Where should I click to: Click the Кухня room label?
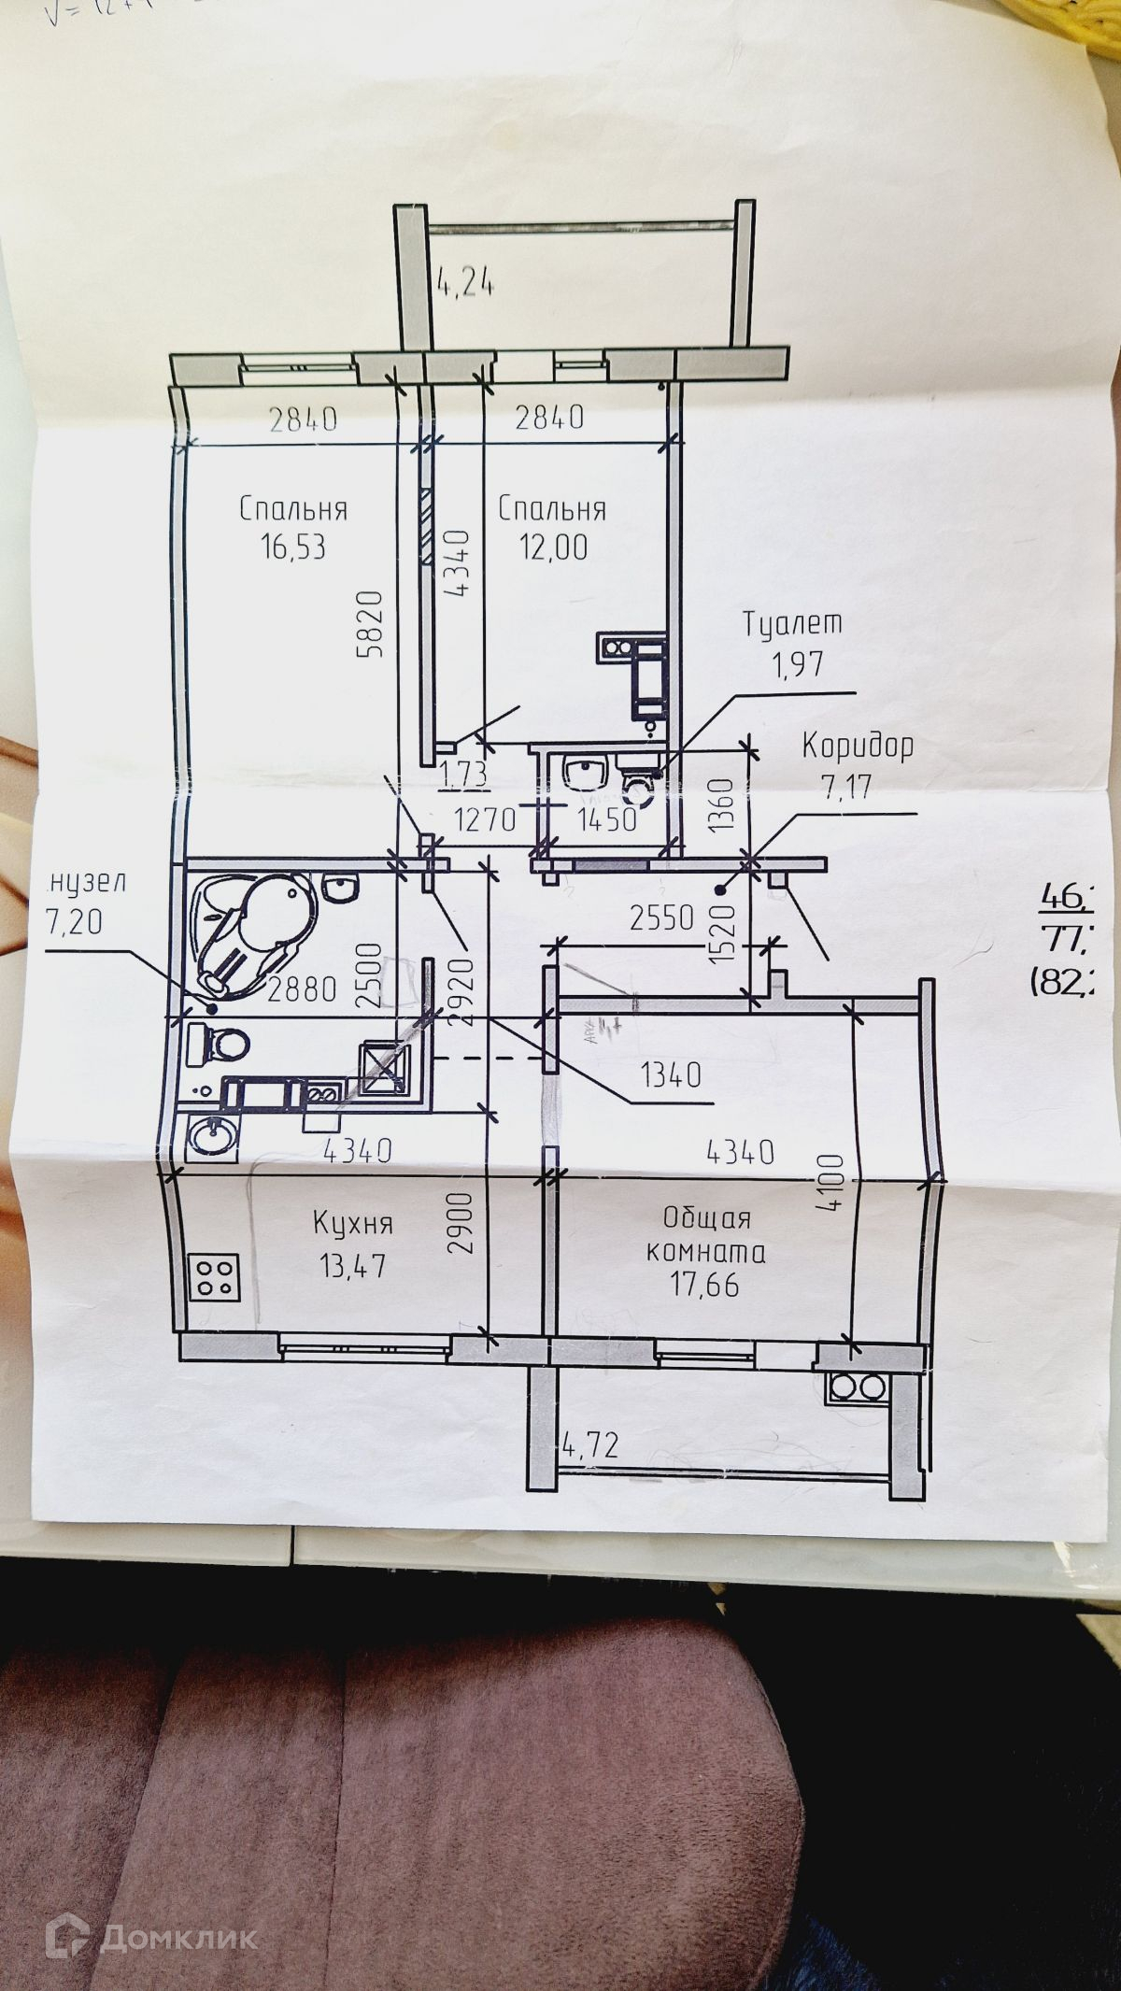point(352,1223)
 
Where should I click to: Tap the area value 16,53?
point(293,547)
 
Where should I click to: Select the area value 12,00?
point(555,547)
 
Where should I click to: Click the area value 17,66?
point(704,1285)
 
